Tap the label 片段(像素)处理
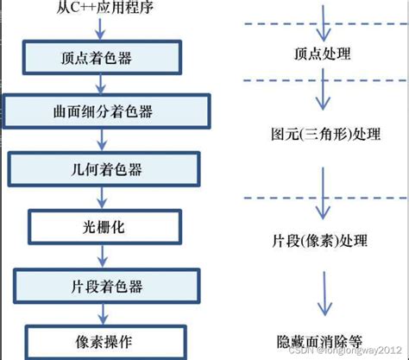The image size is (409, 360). point(320,238)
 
